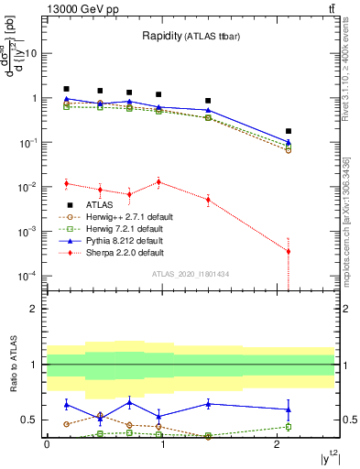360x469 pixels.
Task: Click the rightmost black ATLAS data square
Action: tap(289, 132)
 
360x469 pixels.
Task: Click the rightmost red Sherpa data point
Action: tap(289, 251)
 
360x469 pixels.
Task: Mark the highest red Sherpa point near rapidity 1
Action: tap(159, 181)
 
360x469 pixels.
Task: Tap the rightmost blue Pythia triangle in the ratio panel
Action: tap(289, 409)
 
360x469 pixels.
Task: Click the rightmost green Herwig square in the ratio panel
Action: tap(289, 427)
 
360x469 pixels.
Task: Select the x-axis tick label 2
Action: tap(278, 444)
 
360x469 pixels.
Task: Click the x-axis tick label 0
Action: tap(47, 444)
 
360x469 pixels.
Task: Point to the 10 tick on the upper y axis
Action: tap(32, 53)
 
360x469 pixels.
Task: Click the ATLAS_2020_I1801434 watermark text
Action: tap(190, 274)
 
